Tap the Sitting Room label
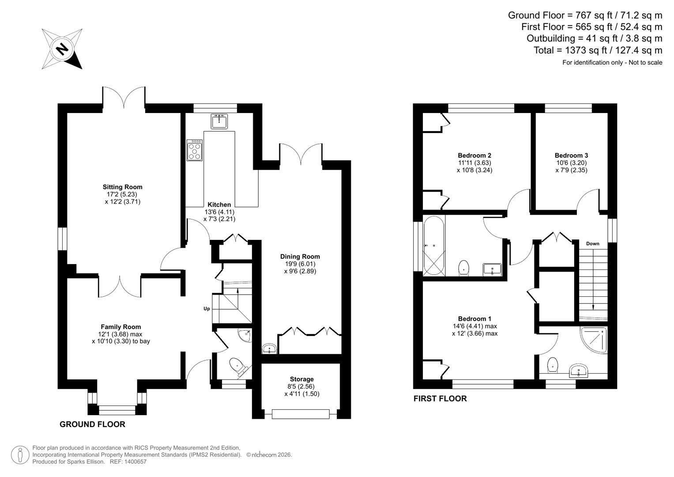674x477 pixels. tap(122, 187)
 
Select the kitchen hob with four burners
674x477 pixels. tap(194, 150)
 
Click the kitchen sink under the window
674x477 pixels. tap(219, 121)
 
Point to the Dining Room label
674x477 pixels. tap(300, 257)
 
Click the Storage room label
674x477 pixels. tap(301, 379)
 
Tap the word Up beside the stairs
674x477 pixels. tap(207, 309)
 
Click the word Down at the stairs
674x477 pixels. tap(592, 244)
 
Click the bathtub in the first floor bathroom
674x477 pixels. tap(433, 246)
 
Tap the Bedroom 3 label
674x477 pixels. tap(571, 155)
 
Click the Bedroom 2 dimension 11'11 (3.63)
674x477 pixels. tap(474, 163)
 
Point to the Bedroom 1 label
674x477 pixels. tap(474, 319)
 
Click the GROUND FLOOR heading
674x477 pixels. tap(92, 424)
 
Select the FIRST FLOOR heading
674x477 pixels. tap(440, 398)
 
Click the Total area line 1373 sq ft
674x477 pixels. tap(598, 50)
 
